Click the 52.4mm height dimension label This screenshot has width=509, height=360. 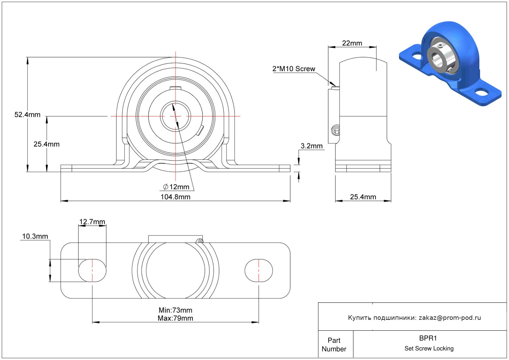(x=27, y=115)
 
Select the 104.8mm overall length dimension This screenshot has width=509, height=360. (x=175, y=197)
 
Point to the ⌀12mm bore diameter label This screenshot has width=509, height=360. (x=176, y=187)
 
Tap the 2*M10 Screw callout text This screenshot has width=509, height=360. (x=294, y=69)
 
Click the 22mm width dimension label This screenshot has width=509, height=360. (x=352, y=43)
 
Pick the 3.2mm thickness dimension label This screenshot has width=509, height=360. (x=312, y=146)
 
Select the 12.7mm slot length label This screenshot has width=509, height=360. (x=92, y=222)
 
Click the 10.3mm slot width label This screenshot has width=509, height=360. (x=35, y=236)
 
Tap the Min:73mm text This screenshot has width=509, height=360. (x=175, y=310)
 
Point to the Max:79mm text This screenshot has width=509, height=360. (x=175, y=318)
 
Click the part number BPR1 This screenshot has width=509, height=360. (x=428, y=338)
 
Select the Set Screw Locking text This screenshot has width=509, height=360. (x=429, y=348)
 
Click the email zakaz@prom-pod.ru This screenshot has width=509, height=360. (x=450, y=318)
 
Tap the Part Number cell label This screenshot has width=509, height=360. (x=334, y=345)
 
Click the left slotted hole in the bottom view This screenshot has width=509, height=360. (x=92, y=270)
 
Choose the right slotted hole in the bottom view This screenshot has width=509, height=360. (x=259, y=270)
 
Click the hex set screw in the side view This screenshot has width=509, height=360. (x=336, y=130)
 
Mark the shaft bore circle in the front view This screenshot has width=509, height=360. (x=175, y=116)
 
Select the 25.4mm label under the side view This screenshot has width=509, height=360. (x=363, y=197)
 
